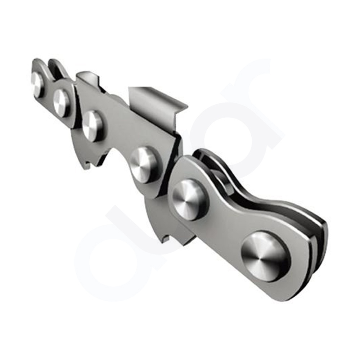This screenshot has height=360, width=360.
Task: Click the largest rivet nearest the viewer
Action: (x=265, y=256)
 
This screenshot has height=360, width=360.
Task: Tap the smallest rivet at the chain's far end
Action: (x=37, y=84)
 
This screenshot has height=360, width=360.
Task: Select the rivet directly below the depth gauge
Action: (x=93, y=125)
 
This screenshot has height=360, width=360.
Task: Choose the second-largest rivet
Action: (x=189, y=199)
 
